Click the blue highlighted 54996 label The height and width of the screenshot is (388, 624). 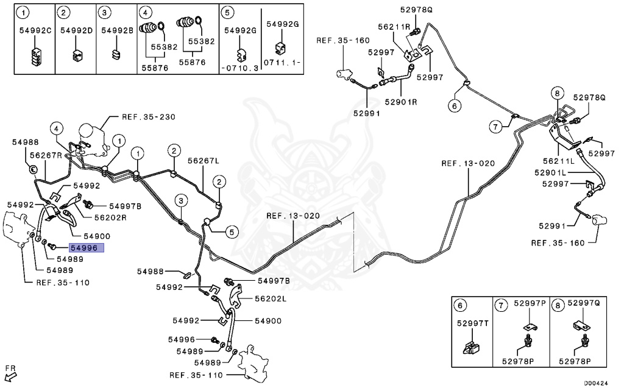[87, 248]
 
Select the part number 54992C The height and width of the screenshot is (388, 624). [35, 30]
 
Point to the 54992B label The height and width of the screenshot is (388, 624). [117, 30]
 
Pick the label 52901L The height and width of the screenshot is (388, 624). [551, 173]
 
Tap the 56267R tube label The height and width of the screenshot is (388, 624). [46, 155]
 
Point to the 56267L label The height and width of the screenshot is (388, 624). [204, 161]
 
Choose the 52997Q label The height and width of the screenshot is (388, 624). [582, 303]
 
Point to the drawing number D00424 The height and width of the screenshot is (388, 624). [595, 383]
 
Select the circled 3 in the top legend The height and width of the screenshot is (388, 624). [105, 12]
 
